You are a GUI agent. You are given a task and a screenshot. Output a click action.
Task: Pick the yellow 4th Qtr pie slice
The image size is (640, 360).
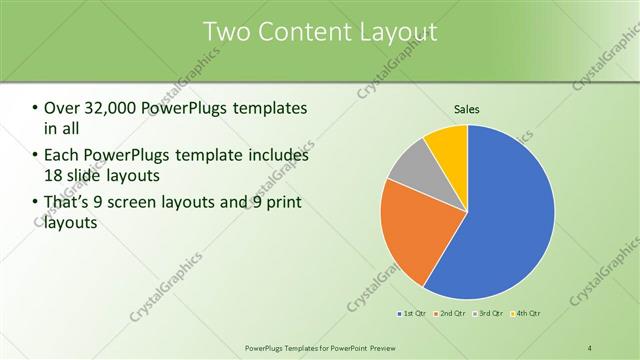(447, 145)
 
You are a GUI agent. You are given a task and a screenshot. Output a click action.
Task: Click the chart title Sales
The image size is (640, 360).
(467, 108)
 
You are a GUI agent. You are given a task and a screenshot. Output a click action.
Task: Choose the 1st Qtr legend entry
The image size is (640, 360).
(413, 315)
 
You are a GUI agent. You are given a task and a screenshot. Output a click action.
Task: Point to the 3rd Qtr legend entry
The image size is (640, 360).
(487, 315)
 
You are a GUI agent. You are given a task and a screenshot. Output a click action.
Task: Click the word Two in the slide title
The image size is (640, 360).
(224, 32)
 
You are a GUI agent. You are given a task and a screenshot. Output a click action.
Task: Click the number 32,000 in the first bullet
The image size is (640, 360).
(104, 108)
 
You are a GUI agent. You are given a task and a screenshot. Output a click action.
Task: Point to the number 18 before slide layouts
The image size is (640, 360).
(53, 175)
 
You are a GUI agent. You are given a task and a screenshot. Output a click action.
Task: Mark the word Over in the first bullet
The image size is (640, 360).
(59, 108)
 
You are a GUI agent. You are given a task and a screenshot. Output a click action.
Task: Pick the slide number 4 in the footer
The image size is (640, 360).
(590, 347)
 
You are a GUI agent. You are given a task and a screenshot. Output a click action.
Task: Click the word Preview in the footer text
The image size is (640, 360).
(365, 347)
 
